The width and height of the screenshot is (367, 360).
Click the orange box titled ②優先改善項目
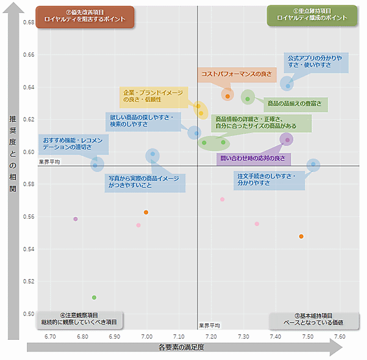point(84,16)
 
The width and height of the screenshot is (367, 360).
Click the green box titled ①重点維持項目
point(312,15)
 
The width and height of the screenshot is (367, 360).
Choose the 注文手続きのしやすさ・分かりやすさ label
point(270,180)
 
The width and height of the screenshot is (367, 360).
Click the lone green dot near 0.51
point(94,298)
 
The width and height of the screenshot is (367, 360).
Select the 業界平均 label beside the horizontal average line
point(50,163)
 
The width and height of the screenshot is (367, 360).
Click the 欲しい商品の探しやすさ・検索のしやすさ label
point(141,121)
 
